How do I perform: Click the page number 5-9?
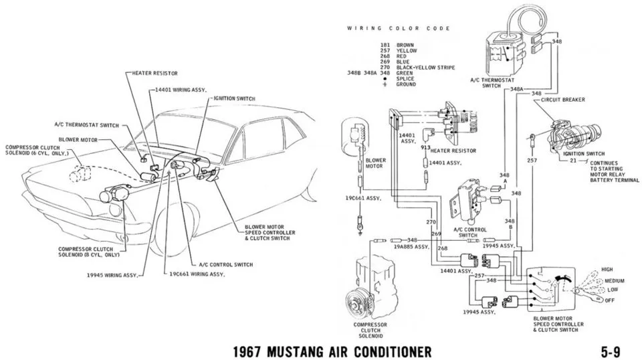coord(611,351)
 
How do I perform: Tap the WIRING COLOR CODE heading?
coord(399,28)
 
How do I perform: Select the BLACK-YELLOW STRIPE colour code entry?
coord(425,68)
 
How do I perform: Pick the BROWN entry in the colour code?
coord(405,45)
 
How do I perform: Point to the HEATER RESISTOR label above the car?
coord(154,74)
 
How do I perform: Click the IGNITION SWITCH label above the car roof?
coord(234,99)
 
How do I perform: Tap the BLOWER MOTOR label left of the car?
coord(78,140)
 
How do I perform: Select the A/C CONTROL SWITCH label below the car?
coord(226,264)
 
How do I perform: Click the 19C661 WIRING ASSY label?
coord(197,274)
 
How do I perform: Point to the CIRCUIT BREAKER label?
coord(563,100)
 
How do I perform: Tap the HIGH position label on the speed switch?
coord(607,270)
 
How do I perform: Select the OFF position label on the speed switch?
coord(610,300)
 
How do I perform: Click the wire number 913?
coord(426,147)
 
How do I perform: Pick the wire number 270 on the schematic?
coord(431,222)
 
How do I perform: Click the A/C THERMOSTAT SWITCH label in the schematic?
coord(492,83)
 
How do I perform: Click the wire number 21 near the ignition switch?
coord(573,161)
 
